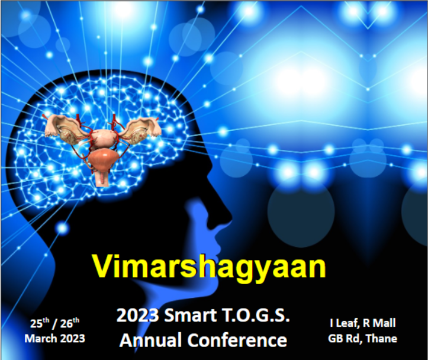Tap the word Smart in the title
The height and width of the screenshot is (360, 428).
(191, 315)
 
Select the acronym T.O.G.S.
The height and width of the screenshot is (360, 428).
(256, 315)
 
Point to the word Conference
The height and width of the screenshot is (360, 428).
(237, 340)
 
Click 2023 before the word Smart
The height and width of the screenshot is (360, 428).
(137, 315)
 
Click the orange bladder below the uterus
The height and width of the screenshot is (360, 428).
(103, 159)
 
